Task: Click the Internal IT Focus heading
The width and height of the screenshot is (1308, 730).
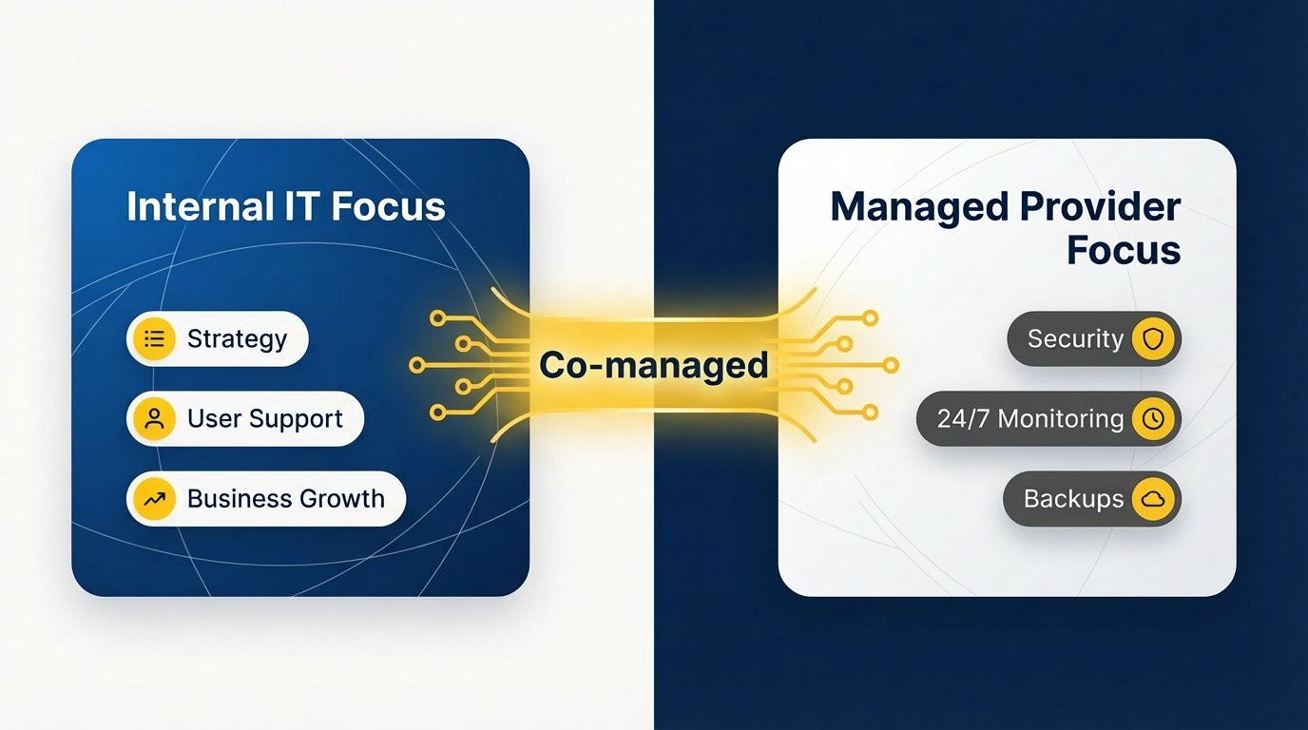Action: pyautogui.click(x=285, y=206)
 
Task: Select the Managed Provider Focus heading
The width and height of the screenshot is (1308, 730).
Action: pyautogui.click(x=1005, y=228)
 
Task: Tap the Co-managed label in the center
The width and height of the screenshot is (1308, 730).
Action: pyautogui.click(x=653, y=365)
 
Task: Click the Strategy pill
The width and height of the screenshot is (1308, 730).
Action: pyautogui.click(x=218, y=339)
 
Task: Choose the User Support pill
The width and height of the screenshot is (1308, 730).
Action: pyautogui.click(x=245, y=419)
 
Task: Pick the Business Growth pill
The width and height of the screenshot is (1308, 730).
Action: pyautogui.click(x=266, y=499)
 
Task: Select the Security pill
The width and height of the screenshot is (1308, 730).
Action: pyautogui.click(x=1093, y=339)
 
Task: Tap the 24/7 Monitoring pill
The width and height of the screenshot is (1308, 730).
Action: pyautogui.click(x=1048, y=419)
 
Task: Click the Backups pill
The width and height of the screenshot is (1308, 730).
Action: pyautogui.click(x=1091, y=499)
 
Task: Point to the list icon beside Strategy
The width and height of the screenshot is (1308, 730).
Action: pyautogui.click(x=155, y=339)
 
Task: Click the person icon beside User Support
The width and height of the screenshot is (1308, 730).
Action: pyautogui.click(x=155, y=419)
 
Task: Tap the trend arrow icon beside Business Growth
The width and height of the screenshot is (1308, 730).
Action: pyautogui.click(x=155, y=499)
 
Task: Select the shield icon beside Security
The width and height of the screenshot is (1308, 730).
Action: pyautogui.click(x=1153, y=339)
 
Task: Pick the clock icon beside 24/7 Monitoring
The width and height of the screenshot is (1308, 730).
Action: pyautogui.click(x=1153, y=419)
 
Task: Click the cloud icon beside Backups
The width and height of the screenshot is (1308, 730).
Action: pyautogui.click(x=1153, y=499)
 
